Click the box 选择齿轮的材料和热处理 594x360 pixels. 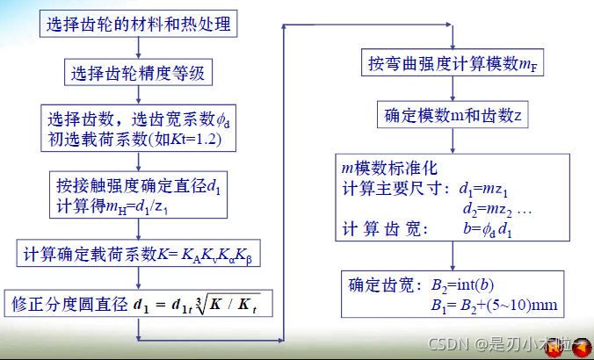[141, 23]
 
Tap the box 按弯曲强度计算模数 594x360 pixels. [451, 65]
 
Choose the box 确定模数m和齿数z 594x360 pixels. [451, 115]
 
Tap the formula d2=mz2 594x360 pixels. [496, 210]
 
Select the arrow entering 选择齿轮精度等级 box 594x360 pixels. [139, 52]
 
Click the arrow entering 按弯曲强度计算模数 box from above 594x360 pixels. [451, 44]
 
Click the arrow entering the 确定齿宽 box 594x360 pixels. [451, 260]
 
